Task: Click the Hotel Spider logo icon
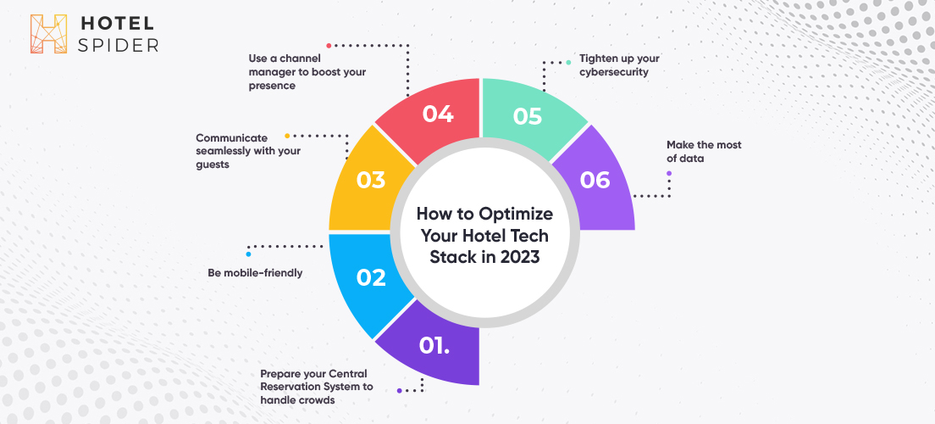pos(48,34)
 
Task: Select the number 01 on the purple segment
pos(434,346)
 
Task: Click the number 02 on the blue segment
pos(371,277)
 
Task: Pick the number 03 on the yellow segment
pos(371,180)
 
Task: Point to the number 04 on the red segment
pos(439,114)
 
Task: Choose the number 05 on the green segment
pos(527,116)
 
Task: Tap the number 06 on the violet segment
pos(595,180)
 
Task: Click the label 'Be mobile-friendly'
pos(255,273)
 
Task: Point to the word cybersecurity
pos(614,73)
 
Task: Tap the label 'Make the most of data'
pos(704,152)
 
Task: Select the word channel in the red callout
pos(300,59)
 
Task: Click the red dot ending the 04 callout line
pos(329,46)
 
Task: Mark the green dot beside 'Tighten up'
pos(568,62)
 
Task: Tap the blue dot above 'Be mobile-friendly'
pos(249,254)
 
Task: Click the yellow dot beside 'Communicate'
pos(287,137)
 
